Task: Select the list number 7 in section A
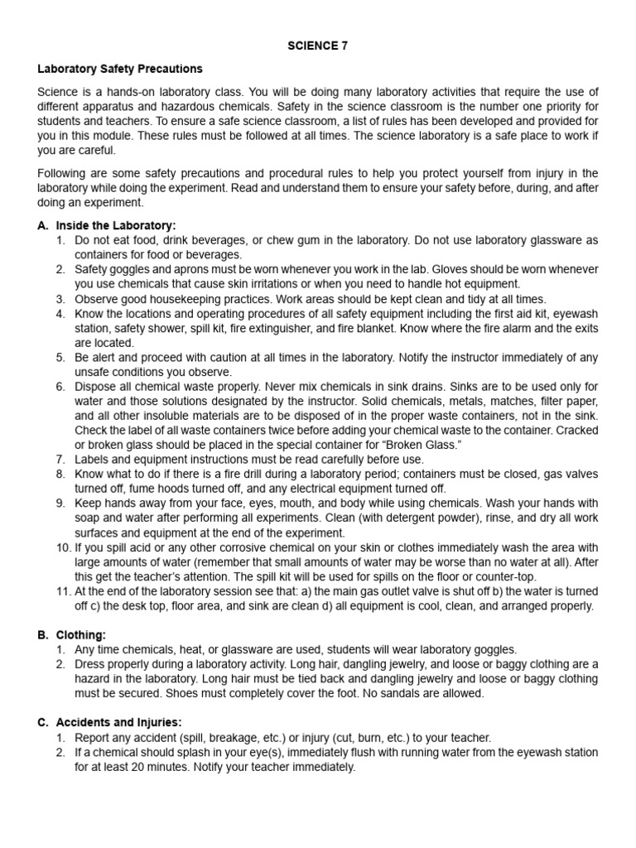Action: [61, 459]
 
